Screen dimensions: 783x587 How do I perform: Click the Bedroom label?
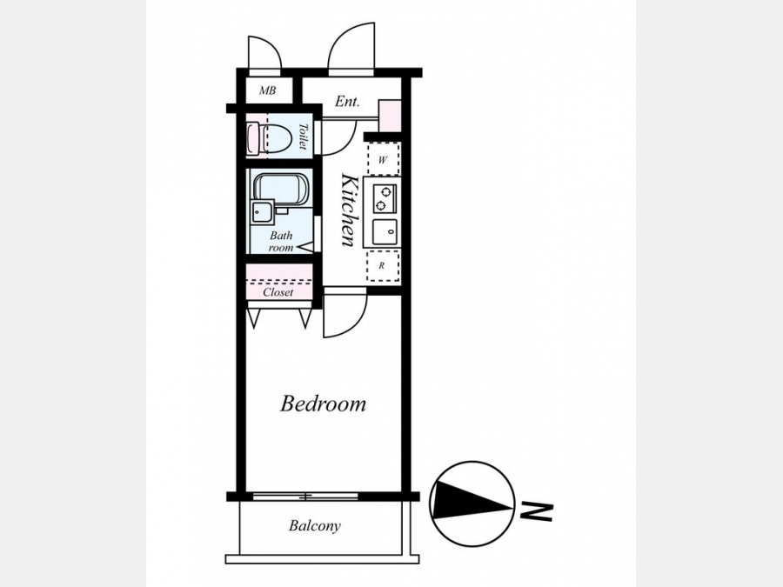(323, 404)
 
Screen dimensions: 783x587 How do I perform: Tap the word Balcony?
(315, 525)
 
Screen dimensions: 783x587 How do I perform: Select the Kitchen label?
(347, 210)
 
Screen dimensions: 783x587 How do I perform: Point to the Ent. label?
(346, 102)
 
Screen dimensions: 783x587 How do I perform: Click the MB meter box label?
(267, 90)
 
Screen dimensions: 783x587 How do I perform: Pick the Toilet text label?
(303, 137)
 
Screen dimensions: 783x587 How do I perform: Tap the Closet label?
(278, 292)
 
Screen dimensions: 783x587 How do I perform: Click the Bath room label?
(281, 241)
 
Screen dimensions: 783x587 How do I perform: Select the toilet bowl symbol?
(270, 138)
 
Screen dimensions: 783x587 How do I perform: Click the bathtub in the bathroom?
(281, 190)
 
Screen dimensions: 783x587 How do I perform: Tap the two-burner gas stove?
(385, 198)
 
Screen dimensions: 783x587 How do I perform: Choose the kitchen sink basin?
(385, 231)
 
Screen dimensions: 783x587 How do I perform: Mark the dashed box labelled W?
(383, 160)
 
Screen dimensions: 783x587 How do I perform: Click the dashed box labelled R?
(383, 265)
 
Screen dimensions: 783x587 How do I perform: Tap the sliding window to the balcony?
(305, 497)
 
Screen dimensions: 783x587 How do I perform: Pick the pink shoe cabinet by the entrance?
(390, 117)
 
